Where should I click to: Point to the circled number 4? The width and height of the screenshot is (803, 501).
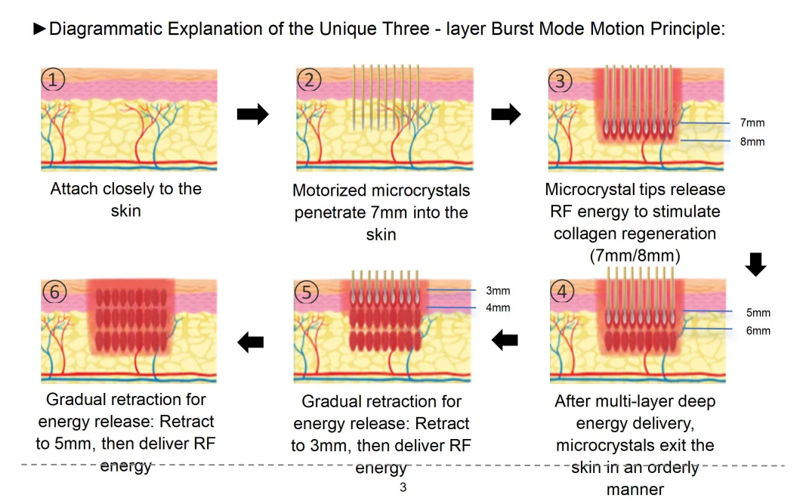point(561,292)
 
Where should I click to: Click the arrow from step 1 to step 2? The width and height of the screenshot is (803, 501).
point(252,115)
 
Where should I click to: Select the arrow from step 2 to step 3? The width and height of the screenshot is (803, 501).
point(506,115)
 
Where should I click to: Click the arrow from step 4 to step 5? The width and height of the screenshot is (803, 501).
point(505,342)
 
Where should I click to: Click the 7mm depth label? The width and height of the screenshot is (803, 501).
point(752,122)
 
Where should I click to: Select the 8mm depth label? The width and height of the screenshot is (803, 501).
point(752,141)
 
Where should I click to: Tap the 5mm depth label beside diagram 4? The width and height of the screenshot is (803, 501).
point(758,312)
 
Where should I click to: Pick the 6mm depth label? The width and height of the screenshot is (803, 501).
point(758,330)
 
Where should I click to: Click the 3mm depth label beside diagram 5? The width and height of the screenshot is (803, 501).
point(498,290)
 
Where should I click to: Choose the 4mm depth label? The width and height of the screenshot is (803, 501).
point(498,308)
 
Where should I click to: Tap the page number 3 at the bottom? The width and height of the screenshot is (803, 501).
point(403,487)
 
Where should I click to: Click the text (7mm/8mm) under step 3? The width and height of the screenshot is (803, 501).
point(635,255)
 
